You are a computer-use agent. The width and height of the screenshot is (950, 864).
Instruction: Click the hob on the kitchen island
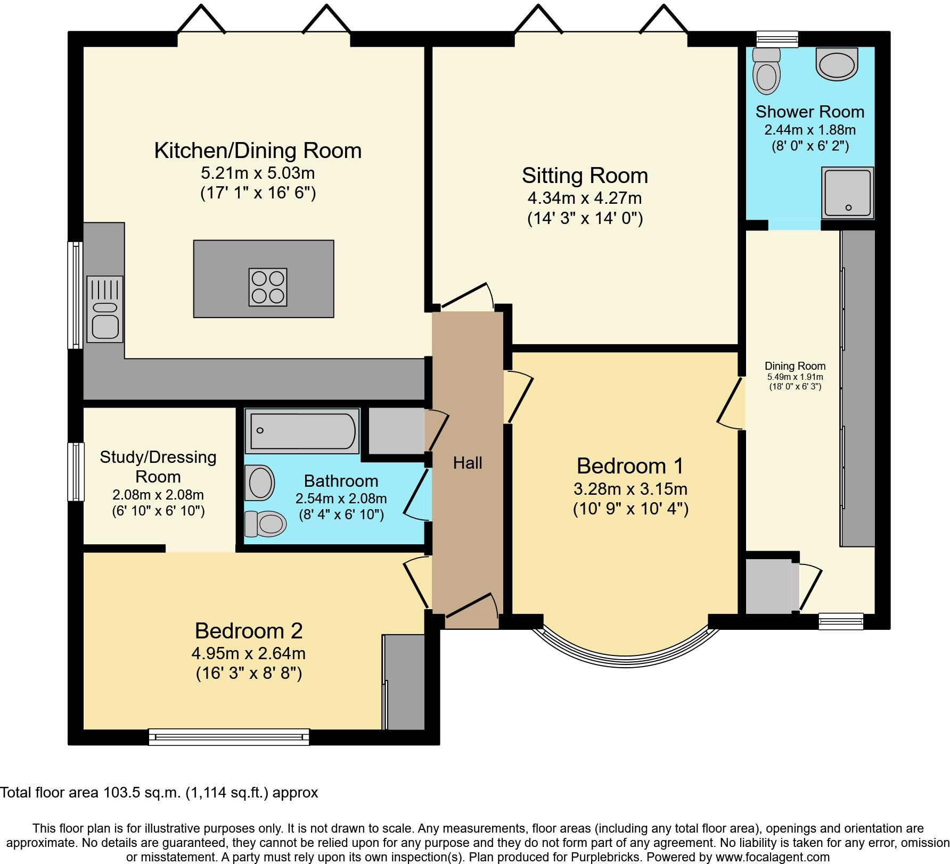point(268,287)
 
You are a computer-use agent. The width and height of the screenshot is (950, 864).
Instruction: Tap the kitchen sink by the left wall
point(105,309)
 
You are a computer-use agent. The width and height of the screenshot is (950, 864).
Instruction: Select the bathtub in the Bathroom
point(302,430)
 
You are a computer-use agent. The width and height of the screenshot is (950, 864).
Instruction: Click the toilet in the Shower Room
point(766,71)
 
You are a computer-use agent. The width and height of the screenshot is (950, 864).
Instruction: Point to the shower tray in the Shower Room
point(848,193)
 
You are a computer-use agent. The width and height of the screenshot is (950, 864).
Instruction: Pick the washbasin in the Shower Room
point(837,64)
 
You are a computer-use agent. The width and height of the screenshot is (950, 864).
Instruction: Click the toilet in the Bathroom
point(265,524)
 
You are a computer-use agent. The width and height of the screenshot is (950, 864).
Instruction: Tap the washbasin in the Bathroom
point(259,483)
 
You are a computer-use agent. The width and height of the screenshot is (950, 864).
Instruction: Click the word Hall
point(468,463)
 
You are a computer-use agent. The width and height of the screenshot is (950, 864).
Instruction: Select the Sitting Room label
point(585,176)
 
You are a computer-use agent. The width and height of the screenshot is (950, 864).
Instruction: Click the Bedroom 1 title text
point(630,466)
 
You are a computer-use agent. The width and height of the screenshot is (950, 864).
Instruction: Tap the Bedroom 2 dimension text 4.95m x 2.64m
point(249,653)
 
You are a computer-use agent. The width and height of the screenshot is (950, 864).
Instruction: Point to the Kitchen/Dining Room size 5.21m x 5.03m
point(258,173)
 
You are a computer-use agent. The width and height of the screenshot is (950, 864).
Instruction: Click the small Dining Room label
point(795,366)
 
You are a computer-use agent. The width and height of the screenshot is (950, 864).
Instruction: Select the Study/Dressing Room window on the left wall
point(76,472)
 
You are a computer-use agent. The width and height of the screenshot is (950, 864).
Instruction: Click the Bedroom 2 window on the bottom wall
point(229,737)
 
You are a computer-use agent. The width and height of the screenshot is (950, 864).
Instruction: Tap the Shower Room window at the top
point(778,39)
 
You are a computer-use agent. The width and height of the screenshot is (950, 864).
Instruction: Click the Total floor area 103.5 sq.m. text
point(159,792)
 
